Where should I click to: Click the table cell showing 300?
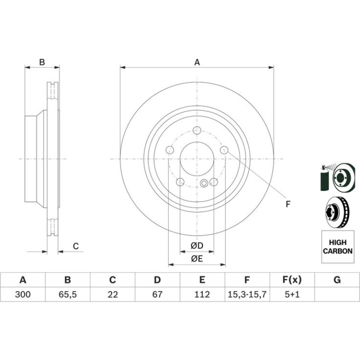point(23,295)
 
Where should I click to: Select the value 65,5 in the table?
point(67,295)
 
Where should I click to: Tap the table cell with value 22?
point(113,295)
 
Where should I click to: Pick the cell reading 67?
point(157,295)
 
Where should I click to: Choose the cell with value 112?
point(202,295)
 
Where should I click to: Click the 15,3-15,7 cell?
point(247,295)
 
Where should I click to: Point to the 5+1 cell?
point(292,295)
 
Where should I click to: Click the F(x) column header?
point(292,280)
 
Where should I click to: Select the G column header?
point(337,280)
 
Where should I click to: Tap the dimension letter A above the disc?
point(197,62)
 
